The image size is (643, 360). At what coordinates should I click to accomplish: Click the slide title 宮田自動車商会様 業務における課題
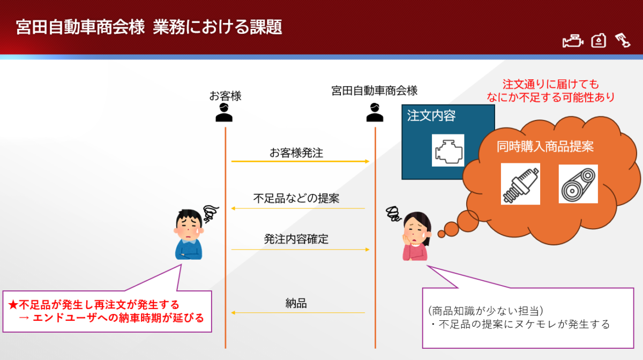149,27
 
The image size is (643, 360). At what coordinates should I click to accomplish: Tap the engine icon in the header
573,41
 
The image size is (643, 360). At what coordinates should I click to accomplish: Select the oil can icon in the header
599,41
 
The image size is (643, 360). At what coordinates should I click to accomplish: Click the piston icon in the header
623,41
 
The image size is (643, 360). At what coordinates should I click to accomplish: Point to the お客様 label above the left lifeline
226,96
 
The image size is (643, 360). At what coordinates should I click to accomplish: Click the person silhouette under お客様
224,112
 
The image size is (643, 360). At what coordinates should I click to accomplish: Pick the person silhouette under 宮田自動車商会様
375,112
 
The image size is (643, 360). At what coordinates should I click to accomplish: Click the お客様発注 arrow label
296,153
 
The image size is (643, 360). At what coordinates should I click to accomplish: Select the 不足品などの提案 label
296,198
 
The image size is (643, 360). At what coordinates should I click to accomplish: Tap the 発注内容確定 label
296,239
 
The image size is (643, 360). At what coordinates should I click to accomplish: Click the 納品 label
296,303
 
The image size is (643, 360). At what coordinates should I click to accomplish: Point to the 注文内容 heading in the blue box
431,116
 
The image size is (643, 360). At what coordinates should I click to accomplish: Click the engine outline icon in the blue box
448,150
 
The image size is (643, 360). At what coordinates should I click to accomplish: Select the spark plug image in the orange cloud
520,184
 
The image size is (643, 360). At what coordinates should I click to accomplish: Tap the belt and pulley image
578,184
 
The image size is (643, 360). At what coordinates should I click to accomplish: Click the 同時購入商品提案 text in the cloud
545,146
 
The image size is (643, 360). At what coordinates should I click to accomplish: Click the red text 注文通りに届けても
551,85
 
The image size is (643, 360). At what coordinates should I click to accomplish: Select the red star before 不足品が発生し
13,305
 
